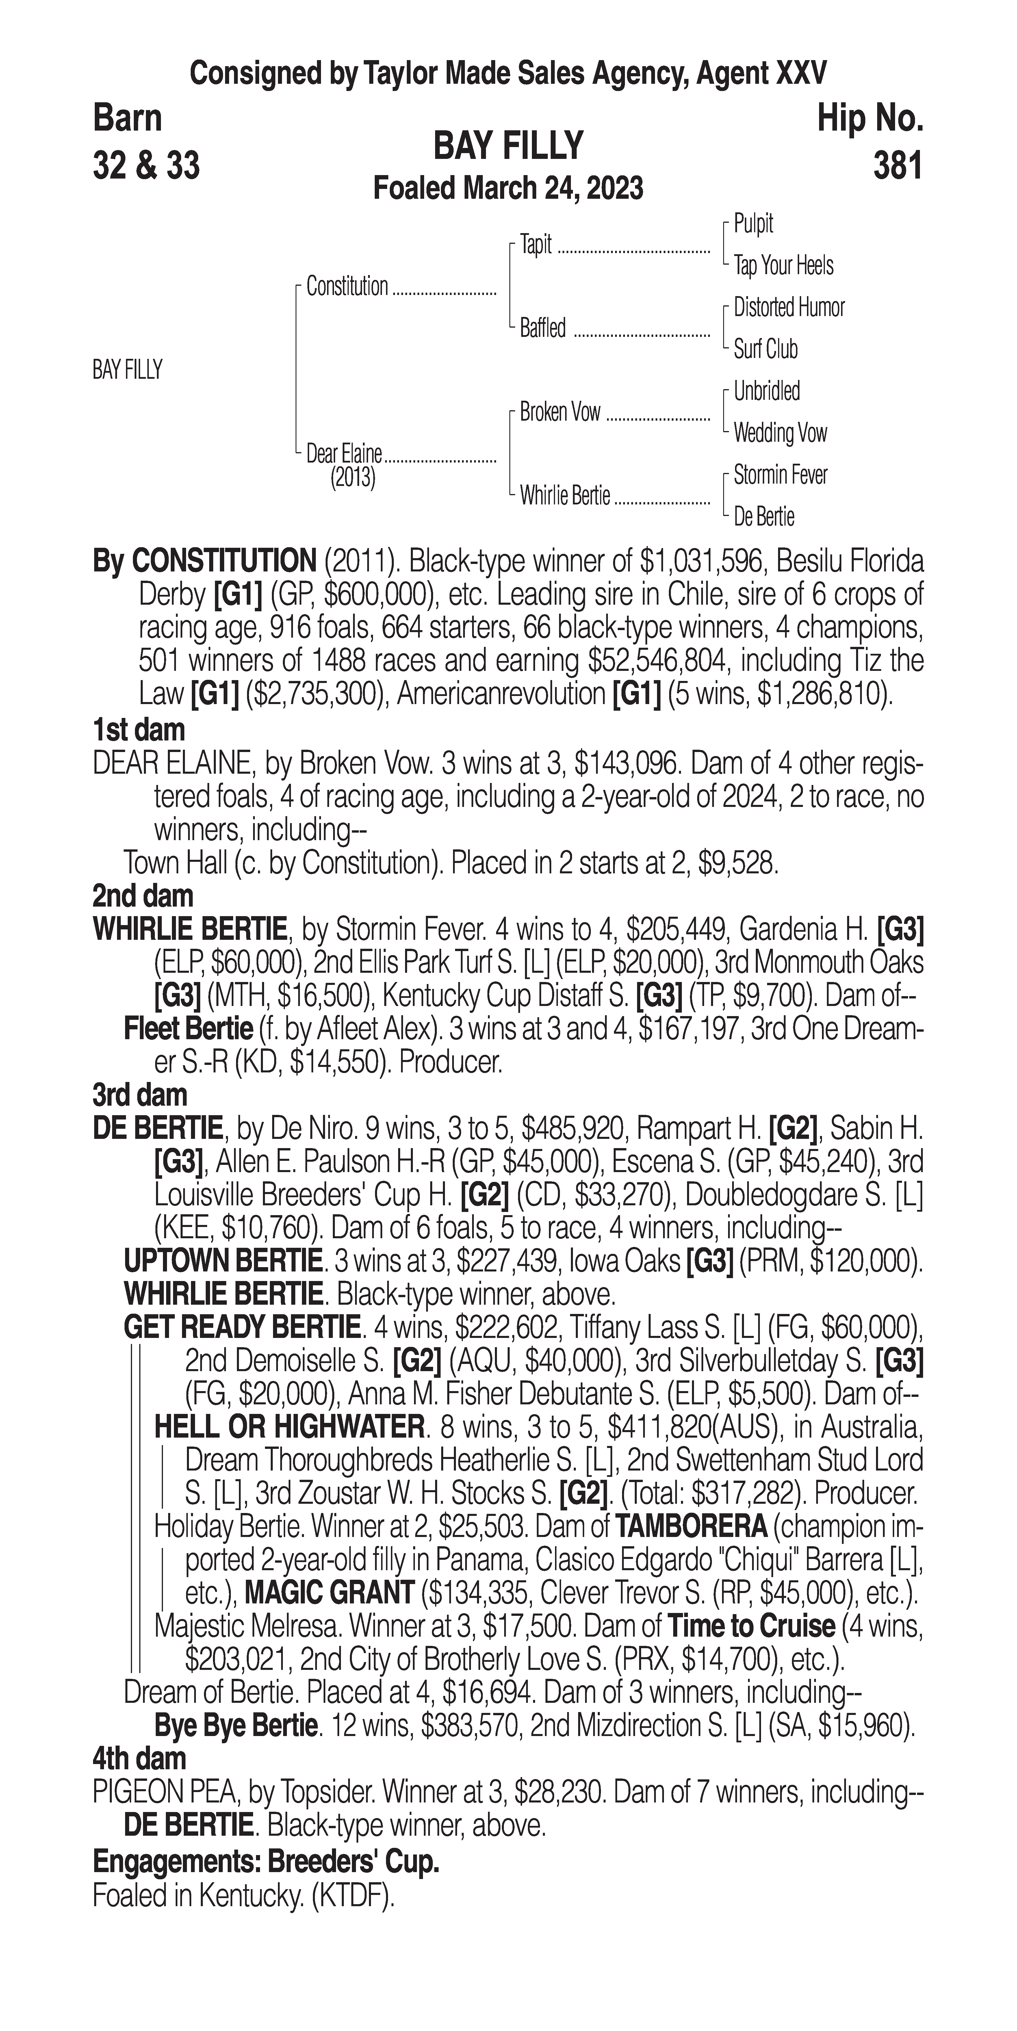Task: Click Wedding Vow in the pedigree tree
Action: tap(780, 433)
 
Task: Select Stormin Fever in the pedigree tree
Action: tap(780, 475)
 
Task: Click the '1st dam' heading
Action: tap(139, 730)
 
